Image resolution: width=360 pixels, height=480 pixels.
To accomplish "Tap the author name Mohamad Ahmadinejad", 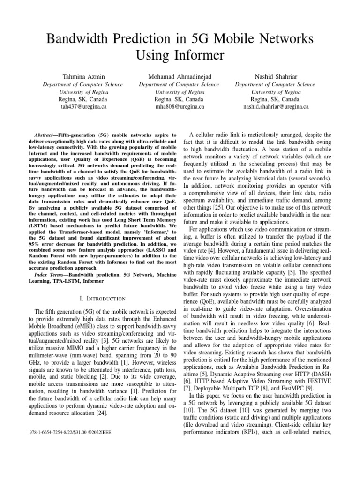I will [x=180, y=76].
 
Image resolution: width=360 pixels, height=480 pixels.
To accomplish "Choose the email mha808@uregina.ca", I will [x=180, y=107].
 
